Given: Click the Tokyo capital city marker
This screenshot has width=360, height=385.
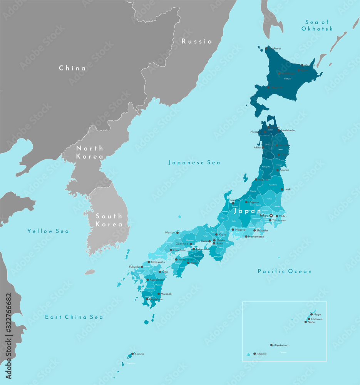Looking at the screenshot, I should click(271, 216).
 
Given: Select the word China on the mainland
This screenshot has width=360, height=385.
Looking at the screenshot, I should click(72, 68).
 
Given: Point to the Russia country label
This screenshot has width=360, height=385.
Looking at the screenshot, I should click(197, 41).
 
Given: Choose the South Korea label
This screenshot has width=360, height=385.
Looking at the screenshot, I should click(109, 220).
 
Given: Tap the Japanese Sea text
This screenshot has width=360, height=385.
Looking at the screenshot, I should click(194, 163).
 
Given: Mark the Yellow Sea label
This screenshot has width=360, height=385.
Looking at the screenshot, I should click(48, 231).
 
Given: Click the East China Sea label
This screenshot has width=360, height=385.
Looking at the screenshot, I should click(74, 317).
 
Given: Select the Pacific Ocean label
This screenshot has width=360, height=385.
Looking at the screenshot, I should click(285, 271).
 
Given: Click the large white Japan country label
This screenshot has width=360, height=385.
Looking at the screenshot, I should click(248, 211).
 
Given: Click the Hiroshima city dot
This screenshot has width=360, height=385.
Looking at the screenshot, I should click(171, 250).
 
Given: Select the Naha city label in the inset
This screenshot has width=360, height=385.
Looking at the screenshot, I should click(311, 322).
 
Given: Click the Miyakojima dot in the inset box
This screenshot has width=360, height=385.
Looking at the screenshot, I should click(271, 345).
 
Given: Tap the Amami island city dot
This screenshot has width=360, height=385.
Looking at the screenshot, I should click(132, 354).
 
